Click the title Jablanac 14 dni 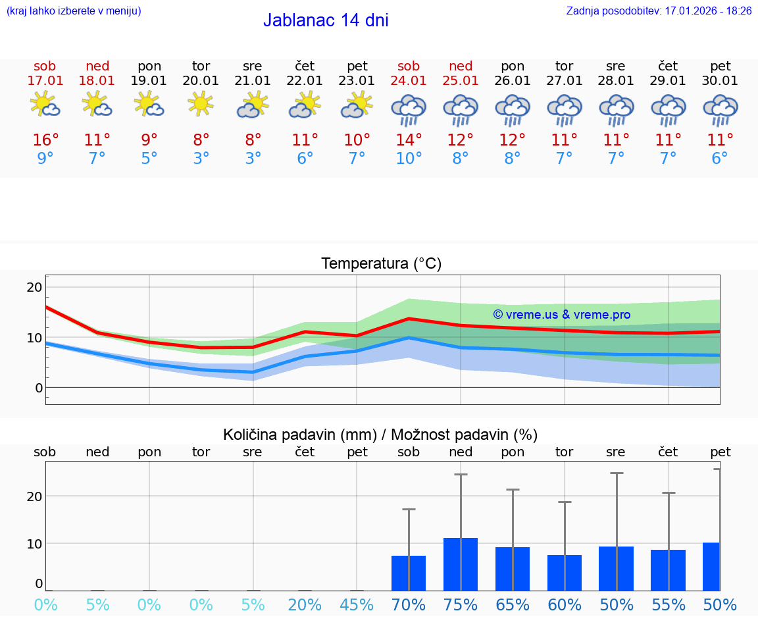coord(326,20)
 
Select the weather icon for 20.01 coord(201,104)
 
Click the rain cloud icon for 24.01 coord(409,109)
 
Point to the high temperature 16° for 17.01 coord(45,140)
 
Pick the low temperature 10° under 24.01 coord(409,159)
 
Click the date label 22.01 coord(305,81)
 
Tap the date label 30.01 coord(720,81)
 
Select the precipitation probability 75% coord(461,605)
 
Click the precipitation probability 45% coord(357,605)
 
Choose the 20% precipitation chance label coord(305,605)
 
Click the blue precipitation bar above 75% coord(461,564)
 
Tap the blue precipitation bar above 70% coord(409,573)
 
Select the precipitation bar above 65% coord(513,569)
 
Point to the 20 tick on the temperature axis coord(34,287)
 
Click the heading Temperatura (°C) coord(381,264)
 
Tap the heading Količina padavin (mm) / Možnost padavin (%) coord(380,435)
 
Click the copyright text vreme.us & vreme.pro coord(562,315)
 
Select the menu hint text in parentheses coord(74,11)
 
